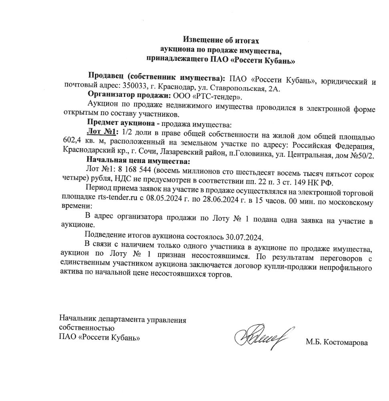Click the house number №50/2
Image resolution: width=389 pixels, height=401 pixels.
(360, 155)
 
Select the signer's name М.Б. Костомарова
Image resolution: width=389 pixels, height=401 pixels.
(337, 342)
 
